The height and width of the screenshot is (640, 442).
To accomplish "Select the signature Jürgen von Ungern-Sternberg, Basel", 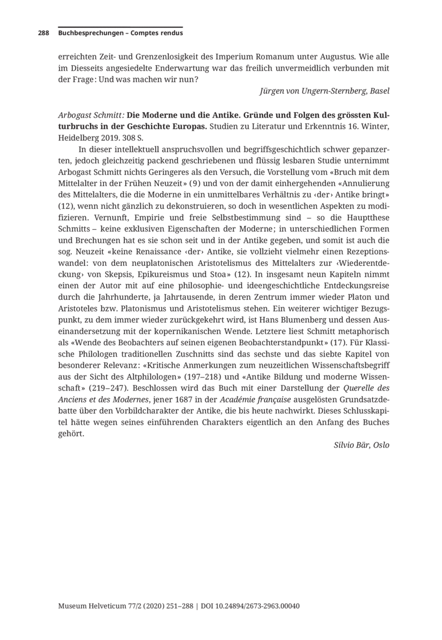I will pyautogui.click(x=324, y=91).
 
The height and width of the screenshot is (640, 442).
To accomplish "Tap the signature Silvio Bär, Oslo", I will pyautogui.click(x=362, y=445).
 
